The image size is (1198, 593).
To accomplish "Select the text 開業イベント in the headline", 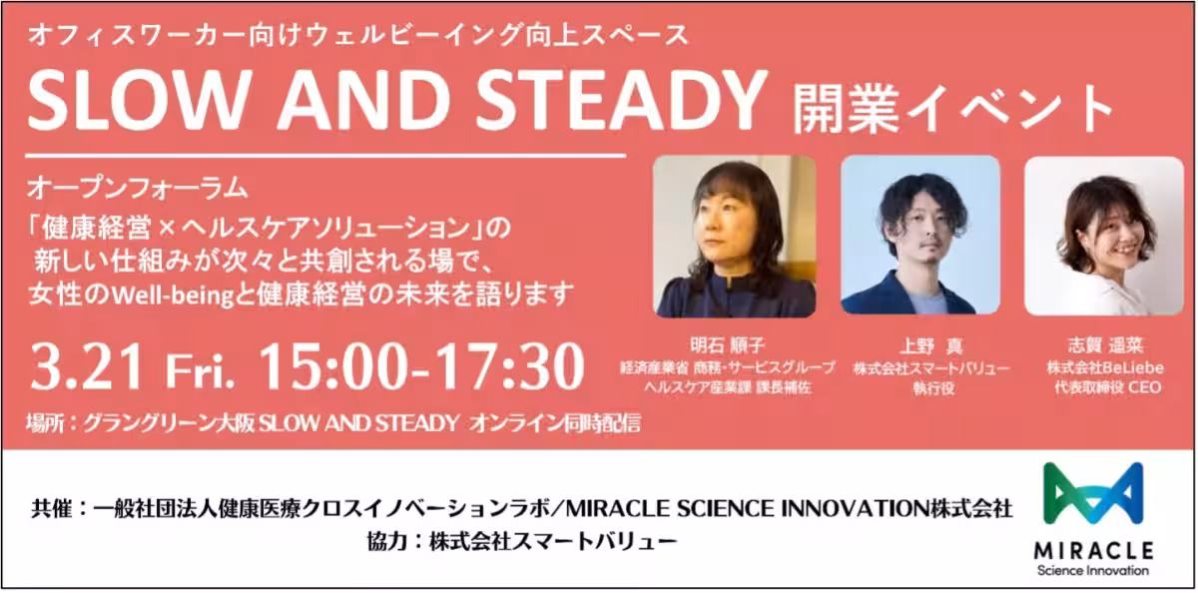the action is point(953,108).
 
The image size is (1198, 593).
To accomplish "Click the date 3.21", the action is point(88,366).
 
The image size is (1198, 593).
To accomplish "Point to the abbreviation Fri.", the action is point(200,371).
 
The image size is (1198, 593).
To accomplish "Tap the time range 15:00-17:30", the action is point(421,366).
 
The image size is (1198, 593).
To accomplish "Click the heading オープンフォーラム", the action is point(138,189).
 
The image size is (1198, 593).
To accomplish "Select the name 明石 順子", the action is point(728,345).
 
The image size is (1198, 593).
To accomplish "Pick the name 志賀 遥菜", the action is point(1106,345).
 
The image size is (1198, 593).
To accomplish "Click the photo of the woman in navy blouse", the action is point(735,237).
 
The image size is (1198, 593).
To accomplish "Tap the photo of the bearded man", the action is point(920,235).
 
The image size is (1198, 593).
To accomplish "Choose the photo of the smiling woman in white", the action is point(1104,236).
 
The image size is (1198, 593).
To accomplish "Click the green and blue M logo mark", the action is point(1093,493).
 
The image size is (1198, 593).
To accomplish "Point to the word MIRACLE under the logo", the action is point(1093,551).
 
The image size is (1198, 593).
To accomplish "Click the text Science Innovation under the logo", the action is point(1093,571).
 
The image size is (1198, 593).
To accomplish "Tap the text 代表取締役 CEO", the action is point(1107,387).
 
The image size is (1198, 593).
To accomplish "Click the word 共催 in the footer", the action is point(52,508).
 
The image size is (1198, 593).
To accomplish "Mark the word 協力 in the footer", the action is point(387,542).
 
